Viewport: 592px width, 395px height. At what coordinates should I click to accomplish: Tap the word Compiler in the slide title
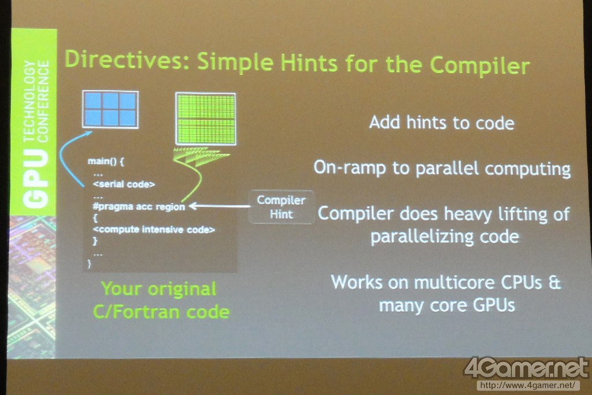click(x=480, y=65)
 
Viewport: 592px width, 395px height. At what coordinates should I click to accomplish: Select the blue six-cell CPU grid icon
click(x=110, y=109)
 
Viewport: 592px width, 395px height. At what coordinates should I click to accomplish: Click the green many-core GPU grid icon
click(x=206, y=119)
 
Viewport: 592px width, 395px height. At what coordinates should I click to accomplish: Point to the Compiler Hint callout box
click(x=282, y=207)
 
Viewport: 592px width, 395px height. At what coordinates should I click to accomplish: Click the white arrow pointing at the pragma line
click(x=219, y=206)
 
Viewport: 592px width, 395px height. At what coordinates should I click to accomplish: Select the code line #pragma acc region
click(x=139, y=206)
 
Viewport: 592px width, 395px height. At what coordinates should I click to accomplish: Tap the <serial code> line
click(x=124, y=184)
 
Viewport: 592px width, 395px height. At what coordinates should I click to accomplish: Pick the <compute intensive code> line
click(x=154, y=230)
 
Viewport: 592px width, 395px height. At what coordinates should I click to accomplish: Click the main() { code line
click(x=106, y=161)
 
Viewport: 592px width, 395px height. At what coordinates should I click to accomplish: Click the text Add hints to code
click(x=442, y=123)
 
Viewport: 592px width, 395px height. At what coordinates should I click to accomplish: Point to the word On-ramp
click(x=350, y=167)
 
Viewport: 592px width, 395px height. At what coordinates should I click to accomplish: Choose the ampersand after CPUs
click(x=554, y=282)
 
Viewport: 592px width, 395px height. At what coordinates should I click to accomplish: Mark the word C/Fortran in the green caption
click(x=136, y=312)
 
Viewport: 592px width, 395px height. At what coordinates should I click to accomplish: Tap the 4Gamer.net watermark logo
click(x=526, y=367)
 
